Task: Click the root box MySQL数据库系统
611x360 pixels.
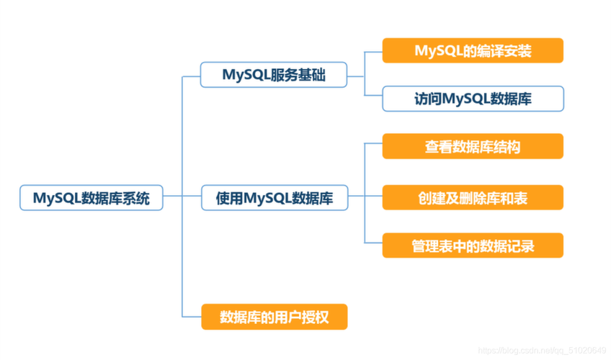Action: tap(92, 197)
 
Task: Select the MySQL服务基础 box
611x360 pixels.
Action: tap(273, 75)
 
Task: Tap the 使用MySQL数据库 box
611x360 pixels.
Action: tap(275, 197)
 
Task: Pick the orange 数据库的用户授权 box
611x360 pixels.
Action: tap(275, 317)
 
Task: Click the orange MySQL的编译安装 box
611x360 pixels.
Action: tap(472, 50)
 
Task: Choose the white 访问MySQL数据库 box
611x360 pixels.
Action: tap(473, 99)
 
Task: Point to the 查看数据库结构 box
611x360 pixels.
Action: tap(472, 147)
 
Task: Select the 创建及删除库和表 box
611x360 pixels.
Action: tap(472, 197)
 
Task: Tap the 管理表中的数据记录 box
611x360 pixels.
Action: tap(472, 246)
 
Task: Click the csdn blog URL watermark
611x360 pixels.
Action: tap(542, 350)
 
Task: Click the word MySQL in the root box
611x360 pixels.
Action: tap(57, 197)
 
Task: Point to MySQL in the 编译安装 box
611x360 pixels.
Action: tap(439, 50)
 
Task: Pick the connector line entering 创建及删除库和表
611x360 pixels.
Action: tap(373, 197)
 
